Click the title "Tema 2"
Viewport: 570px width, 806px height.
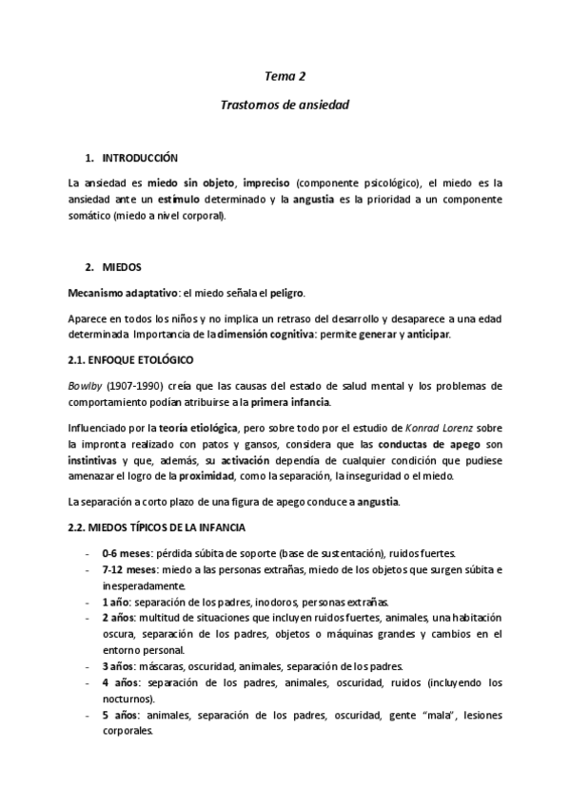click(x=285, y=76)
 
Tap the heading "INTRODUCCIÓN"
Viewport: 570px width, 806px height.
click(x=140, y=157)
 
